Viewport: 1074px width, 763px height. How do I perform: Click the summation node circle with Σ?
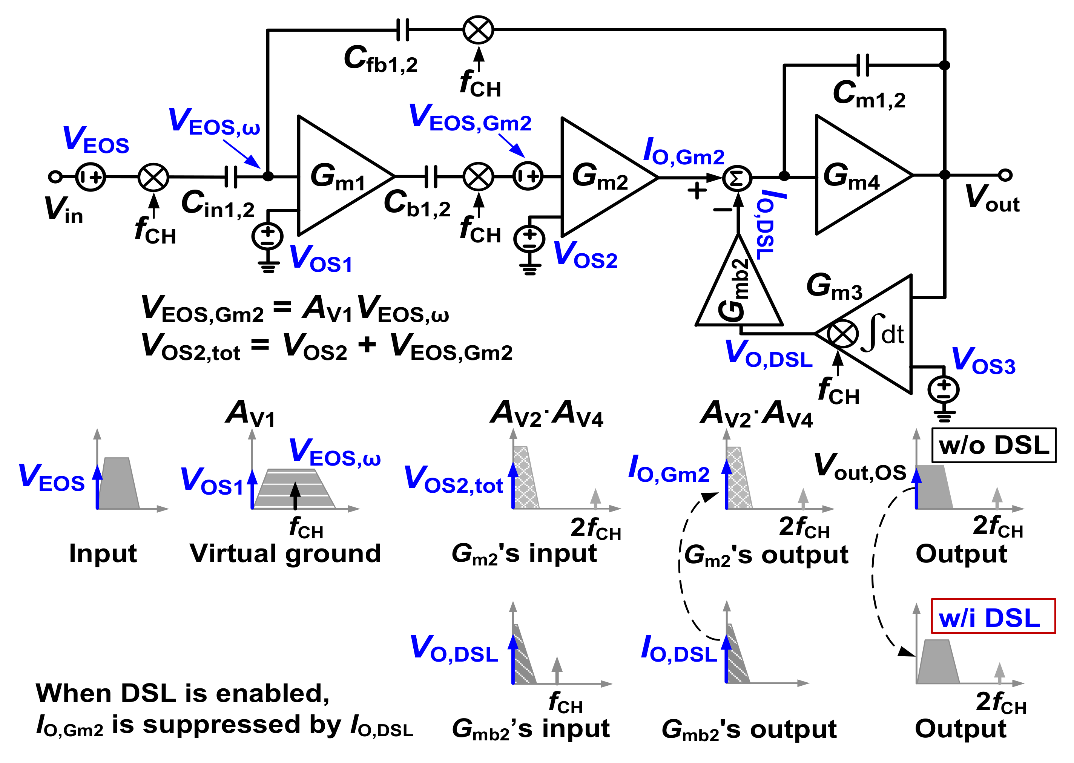(737, 178)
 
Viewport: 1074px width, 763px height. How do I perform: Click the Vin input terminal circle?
(55, 177)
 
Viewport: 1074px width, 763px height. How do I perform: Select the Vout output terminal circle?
(1005, 175)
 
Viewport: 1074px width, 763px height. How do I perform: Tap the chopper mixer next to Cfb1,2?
(478, 30)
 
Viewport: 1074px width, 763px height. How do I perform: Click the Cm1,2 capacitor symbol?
(862, 65)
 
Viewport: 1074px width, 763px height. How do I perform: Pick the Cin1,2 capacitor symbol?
(230, 177)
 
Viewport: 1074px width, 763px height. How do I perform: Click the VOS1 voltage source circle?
(267, 236)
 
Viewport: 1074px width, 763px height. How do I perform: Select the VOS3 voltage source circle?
(944, 390)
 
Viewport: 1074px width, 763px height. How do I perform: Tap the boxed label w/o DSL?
(994, 445)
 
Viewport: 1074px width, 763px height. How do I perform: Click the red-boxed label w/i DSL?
(993, 616)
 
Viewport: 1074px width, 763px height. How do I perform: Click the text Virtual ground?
(285, 553)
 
